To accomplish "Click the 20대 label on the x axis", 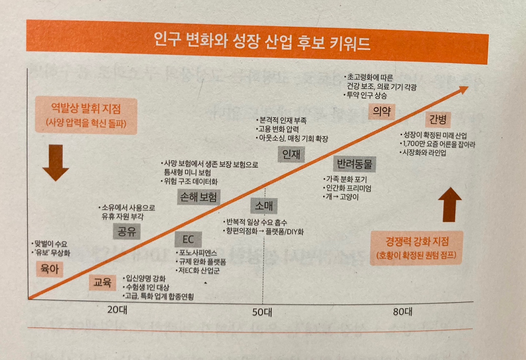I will click(x=117, y=310).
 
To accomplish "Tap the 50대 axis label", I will click(x=262, y=312).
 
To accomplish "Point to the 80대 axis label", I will click(x=403, y=311).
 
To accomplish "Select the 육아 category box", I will click(x=50, y=269).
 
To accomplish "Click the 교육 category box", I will click(x=102, y=282).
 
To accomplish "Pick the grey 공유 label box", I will click(x=126, y=231).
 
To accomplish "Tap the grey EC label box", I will click(x=188, y=240).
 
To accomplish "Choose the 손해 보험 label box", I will click(x=198, y=197).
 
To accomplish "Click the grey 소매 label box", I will click(x=264, y=206).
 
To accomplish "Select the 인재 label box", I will click(x=291, y=154).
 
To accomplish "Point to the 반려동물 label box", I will click(x=354, y=164).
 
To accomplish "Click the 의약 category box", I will click(x=381, y=111).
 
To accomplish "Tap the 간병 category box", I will click(x=438, y=119).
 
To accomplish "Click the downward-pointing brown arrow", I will click(x=56, y=162).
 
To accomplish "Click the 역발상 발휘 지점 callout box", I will click(x=86, y=115).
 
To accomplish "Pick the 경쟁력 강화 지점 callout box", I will click(x=416, y=248).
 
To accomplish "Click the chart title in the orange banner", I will click(x=262, y=42).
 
